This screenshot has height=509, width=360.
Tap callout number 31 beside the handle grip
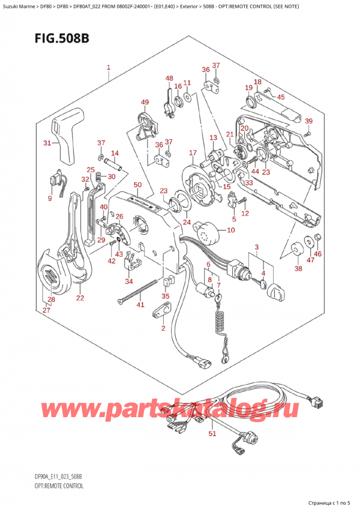[47, 143]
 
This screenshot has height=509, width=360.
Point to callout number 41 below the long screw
[140, 306]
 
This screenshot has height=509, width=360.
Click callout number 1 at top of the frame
[108, 68]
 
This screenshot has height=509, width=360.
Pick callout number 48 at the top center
[169, 79]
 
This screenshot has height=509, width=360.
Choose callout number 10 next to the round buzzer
[232, 230]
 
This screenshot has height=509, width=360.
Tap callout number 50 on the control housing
[137, 185]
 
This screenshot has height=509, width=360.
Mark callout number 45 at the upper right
[281, 97]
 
